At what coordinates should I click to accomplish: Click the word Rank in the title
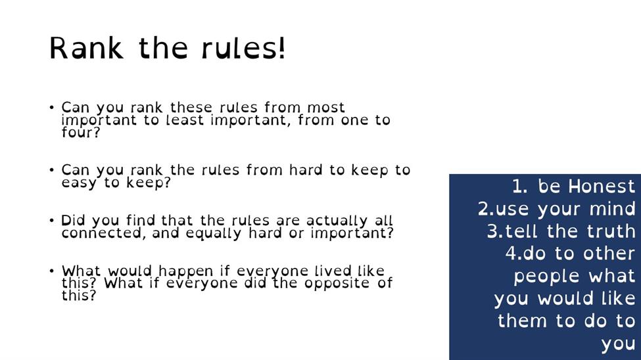pyautogui.click(x=86, y=48)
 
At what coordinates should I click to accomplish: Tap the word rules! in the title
pyautogui.click(x=243, y=48)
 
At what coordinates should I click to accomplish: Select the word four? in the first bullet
pyautogui.click(x=80, y=133)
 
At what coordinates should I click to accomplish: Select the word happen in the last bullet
pyautogui.click(x=185, y=271)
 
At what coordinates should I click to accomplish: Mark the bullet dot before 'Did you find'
pyautogui.click(x=51, y=221)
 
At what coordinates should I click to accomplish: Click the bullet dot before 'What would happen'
pyautogui.click(x=51, y=271)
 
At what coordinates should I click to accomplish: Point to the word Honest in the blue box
pyautogui.click(x=602, y=187)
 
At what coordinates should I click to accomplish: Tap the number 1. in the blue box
pyautogui.click(x=519, y=187)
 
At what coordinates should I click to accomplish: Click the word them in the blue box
pyautogui.click(x=522, y=321)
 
